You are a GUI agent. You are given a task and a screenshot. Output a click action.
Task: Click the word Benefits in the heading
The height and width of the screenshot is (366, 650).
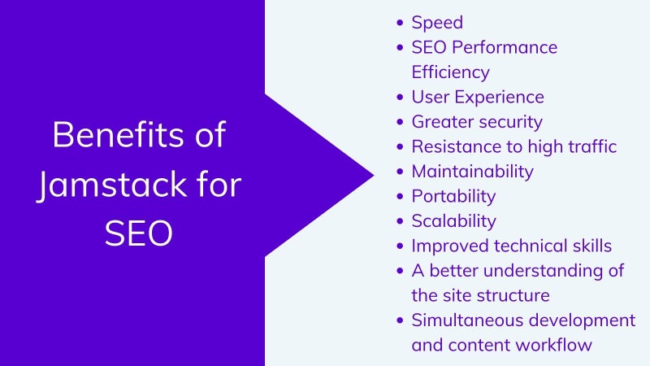(x=117, y=134)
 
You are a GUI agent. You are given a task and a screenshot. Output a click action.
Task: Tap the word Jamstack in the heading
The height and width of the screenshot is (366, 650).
(x=112, y=185)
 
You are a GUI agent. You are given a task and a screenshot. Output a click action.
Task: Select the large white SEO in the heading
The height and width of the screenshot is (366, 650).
(x=138, y=233)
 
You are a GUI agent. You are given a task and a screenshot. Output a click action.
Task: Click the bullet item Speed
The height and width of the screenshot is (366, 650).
(x=437, y=23)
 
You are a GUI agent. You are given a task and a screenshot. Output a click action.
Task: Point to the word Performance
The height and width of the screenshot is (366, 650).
(x=505, y=47)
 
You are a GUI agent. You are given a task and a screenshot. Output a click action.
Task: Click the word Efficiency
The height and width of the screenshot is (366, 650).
(x=451, y=72)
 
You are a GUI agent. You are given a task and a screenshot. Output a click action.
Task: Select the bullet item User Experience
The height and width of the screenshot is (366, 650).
(x=478, y=97)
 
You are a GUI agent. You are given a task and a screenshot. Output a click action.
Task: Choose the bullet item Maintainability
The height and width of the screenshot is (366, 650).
(x=473, y=172)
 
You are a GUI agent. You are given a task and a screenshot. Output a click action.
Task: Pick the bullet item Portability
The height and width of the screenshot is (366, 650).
(x=453, y=197)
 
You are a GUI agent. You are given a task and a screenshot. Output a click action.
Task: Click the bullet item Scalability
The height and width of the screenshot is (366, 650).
(x=453, y=221)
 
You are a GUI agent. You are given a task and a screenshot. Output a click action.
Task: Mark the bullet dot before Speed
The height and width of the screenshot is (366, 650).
(x=400, y=23)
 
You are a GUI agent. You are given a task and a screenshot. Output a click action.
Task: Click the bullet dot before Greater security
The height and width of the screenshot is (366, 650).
(x=400, y=122)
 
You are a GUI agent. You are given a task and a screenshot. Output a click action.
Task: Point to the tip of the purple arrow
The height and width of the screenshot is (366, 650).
(x=374, y=175)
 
